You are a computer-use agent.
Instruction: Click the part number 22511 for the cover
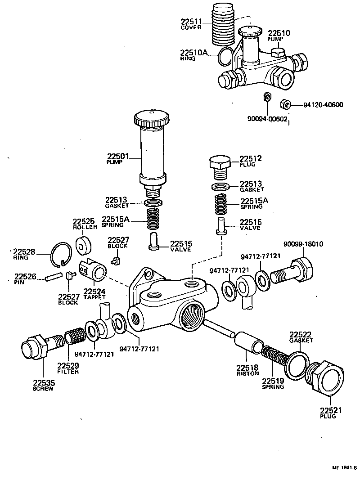coord(192,22)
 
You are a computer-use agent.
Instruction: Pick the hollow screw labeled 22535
coord(36,349)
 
